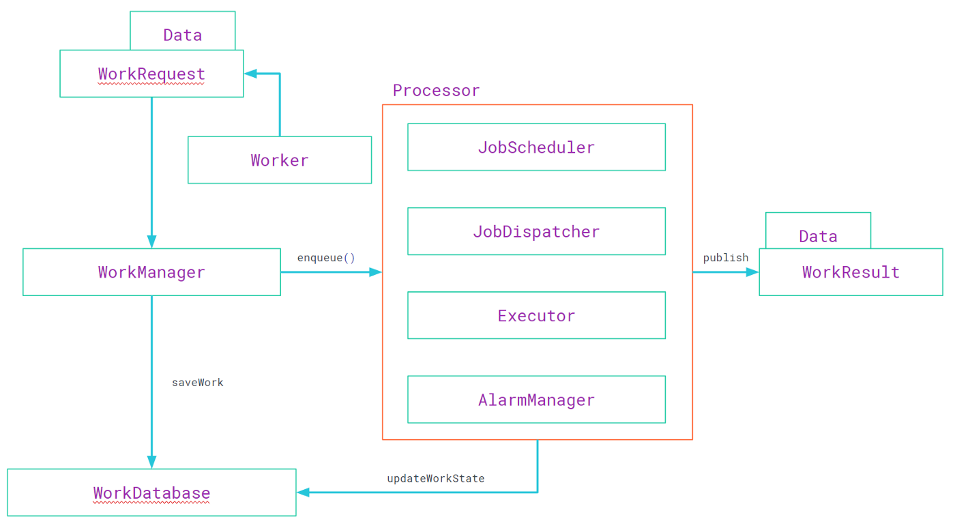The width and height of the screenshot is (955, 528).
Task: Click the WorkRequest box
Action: click(x=151, y=74)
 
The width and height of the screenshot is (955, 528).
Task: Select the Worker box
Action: click(x=280, y=160)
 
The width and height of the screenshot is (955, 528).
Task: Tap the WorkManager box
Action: click(x=151, y=272)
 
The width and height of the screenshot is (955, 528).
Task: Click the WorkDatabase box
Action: click(x=151, y=493)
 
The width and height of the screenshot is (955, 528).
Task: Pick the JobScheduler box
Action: click(x=536, y=147)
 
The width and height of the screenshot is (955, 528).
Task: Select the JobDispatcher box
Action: click(x=536, y=231)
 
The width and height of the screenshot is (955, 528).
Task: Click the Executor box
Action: click(x=536, y=315)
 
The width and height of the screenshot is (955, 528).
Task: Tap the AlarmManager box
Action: click(x=536, y=400)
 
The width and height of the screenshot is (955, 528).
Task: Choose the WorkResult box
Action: click(x=851, y=272)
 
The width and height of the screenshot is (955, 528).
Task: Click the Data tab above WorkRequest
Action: click(x=182, y=34)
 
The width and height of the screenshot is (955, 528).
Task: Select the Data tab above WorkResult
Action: click(x=818, y=235)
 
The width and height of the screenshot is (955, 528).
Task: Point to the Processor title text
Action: click(x=436, y=91)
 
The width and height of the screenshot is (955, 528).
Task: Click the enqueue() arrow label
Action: click(x=326, y=258)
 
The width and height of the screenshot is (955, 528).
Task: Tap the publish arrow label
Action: click(x=726, y=257)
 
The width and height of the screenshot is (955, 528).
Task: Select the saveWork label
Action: click(x=197, y=383)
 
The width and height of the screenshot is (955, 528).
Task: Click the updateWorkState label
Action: click(x=436, y=479)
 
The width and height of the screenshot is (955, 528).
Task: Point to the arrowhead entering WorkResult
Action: click(x=752, y=272)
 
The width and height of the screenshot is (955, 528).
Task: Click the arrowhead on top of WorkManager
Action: click(x=151, y=241)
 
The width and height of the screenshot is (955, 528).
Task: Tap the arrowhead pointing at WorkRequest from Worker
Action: click(x=250, y=74)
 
